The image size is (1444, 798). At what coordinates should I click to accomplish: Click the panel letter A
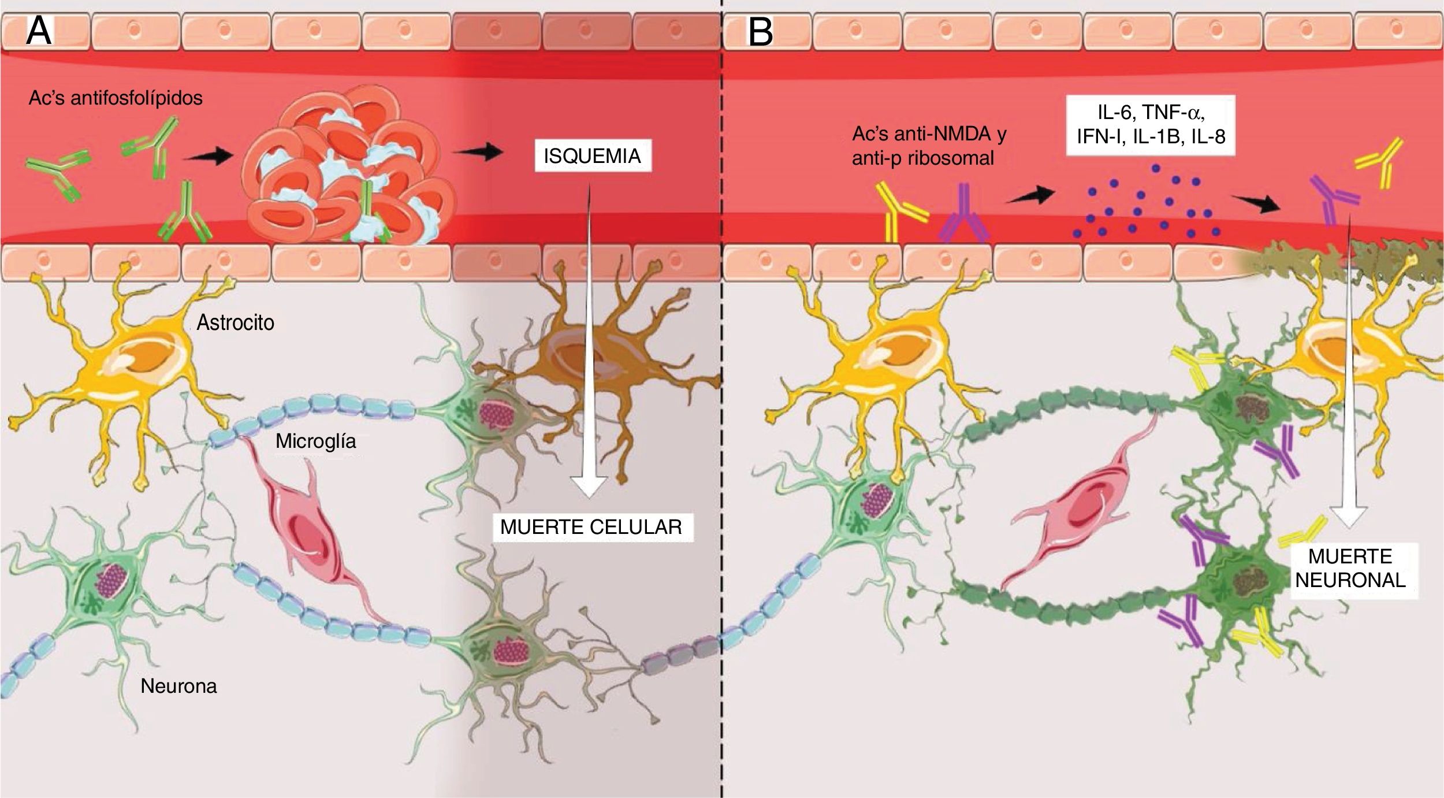tap(39, 32)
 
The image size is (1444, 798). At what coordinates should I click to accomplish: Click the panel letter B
tap(760, 32)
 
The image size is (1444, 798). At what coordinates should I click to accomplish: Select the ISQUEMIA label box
tap(592, 156)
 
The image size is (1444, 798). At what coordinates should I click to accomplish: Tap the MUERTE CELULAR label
tap(591, 527)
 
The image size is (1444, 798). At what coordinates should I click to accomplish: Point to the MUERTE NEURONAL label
tap(1350, 568)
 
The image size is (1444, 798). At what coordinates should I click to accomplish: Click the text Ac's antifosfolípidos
tap(116, 98)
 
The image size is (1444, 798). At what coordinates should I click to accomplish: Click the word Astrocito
tap(235, 322)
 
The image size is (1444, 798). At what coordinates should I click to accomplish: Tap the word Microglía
tap(315, 441)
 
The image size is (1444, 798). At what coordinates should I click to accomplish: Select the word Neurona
tap(178, 686)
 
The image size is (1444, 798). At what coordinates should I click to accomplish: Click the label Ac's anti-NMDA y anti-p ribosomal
tap(929, 146)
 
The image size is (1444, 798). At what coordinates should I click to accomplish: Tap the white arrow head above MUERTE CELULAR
tap(589, 482)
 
